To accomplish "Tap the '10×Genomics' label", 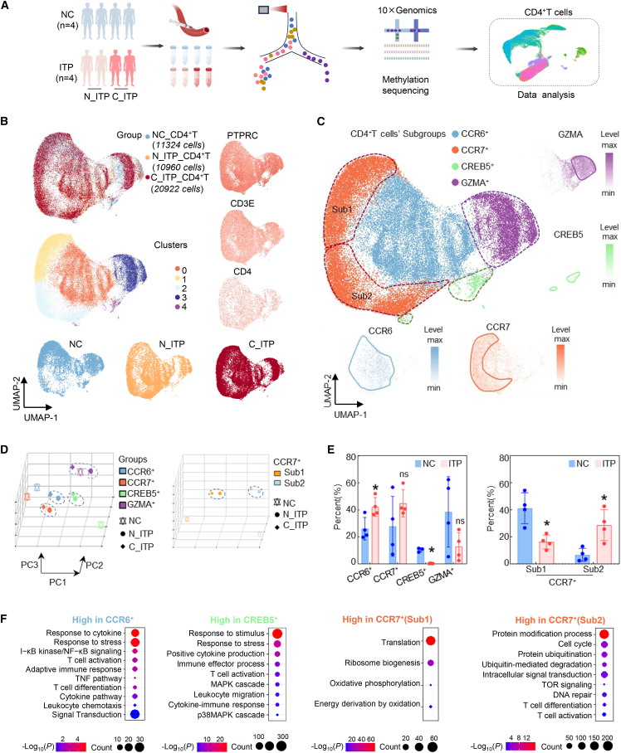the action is click(407, 10).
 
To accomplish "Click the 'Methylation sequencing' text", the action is click(405, 85).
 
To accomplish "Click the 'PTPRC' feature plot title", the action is click(242, 135).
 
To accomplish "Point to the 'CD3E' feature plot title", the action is click(242, 204).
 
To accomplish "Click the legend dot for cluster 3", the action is click(178, 298).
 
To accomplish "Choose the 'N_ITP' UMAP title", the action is click(172, 344).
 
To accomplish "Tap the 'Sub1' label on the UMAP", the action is click(342, 209).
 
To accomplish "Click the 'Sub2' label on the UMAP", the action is click(361, 296).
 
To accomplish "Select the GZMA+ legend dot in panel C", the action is click(455, 182).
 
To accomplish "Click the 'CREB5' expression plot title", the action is click(568, 235).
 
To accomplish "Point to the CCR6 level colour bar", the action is click(434, 363).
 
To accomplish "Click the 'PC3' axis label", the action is click(29, 565).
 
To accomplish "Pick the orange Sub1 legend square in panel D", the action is click(277, 473).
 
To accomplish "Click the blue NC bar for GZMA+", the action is click(448, 537).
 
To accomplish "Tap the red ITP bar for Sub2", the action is click(604, 544).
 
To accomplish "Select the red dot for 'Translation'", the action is click(431, 640).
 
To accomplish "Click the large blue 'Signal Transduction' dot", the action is click(135, 714).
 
